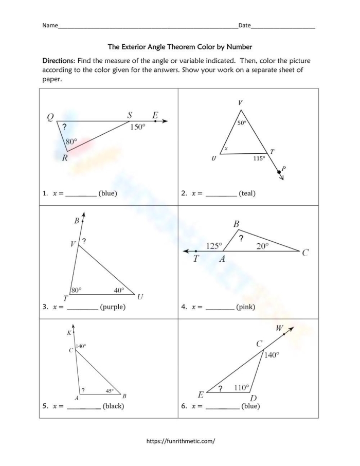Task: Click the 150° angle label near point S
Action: click(137, 127)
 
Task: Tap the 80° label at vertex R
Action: click(71, 141)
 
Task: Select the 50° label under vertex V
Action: click(242, 123)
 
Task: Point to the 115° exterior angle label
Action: click(259, 158)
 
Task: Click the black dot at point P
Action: click(279, 172)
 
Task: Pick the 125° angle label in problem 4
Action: click(214, 246)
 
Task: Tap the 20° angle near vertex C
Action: click(262, 246)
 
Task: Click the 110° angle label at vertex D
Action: click(241, 387)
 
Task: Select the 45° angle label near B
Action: click(110, 391)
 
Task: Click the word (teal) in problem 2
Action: click(247, 193)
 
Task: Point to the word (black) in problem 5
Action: click(113, 406)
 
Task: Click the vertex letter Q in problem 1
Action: click(50, 117)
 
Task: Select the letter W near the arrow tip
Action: click(279, 328)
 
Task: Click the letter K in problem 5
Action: click(69, 333)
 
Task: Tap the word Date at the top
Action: click(244, 25)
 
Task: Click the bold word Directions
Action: click(59, 61)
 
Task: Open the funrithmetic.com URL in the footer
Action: click(181, 441)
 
